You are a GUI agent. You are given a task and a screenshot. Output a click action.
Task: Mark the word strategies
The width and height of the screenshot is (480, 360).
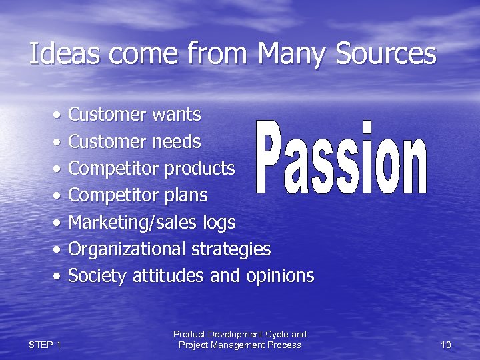pos(231,249)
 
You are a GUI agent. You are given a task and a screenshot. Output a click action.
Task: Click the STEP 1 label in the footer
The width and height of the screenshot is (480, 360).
pos(45,345)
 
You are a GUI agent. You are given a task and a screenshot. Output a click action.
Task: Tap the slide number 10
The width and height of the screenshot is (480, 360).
pos(446,345)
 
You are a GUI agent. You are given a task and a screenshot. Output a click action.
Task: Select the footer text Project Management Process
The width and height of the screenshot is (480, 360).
pos(239,345)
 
